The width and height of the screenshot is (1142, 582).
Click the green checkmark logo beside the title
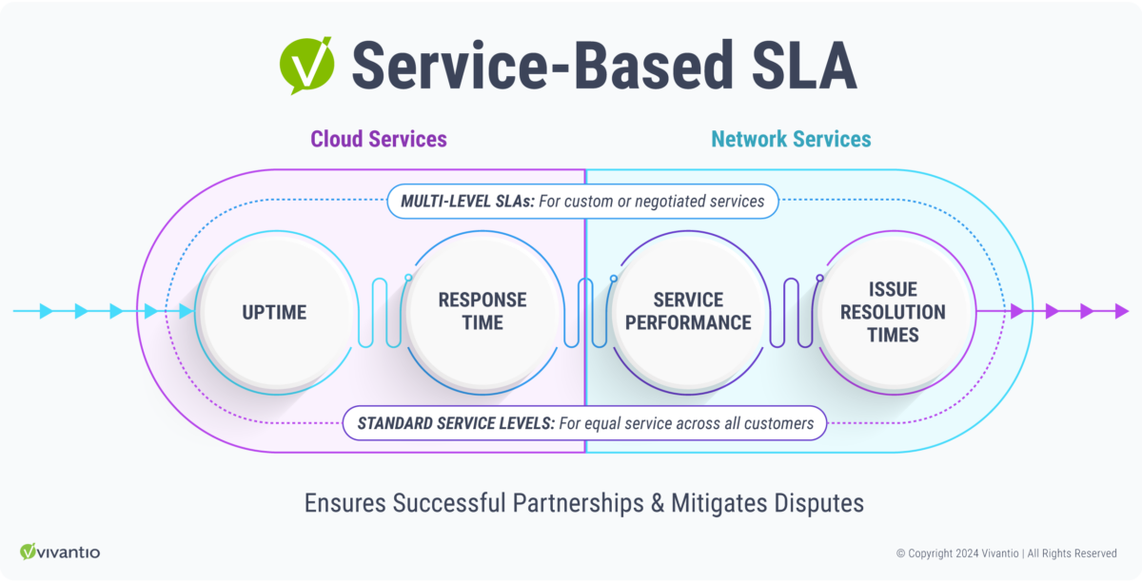pyautogui.click(x=306, y=64)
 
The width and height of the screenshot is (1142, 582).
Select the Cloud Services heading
pyautogui.click(x=378, y=139)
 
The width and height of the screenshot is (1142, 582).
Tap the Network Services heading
pyautogui.click(x=790, y=139)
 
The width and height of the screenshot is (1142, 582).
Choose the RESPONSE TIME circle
pyautogui.click(x=482, y=311)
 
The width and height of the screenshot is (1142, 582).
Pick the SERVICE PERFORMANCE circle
pyautogui.click(x=687, y=311)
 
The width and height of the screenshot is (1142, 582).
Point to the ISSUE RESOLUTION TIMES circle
pyautogui.click(x=893, y=311)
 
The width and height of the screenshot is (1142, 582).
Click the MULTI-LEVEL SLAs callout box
pyautogui.click(x=581, y=201)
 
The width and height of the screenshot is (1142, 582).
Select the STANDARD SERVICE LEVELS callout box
pyautogui.click(x=584, y=422)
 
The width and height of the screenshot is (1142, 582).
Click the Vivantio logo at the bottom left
pyautogui.click(x=60, y=552)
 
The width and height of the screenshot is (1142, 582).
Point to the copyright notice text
pyautogui.click(x=1006, y=553)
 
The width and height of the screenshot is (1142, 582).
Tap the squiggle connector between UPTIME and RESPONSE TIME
pyautogui.click(x=379, y=311)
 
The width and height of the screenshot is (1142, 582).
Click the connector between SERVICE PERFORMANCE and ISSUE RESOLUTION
pyautogui.click(x=791, y=311)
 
